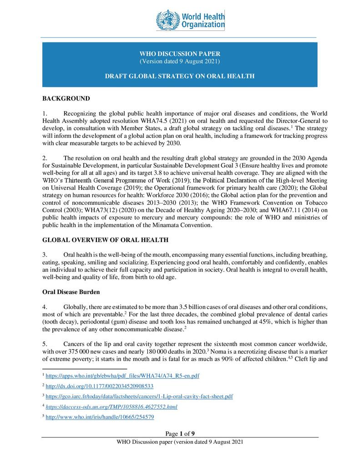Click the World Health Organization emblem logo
click(x=168, y=20)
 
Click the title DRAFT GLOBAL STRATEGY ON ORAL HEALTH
click(x=180, y=76)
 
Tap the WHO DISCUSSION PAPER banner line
click(x=180, y=54)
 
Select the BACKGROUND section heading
click(x=66, y=98)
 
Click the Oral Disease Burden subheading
click(x=70, y=292)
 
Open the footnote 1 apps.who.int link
click(x=122, y=376)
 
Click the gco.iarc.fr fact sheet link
click(x=139, y=396)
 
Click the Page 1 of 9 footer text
click(x=180, y=433)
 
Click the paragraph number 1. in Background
click(x=45, y=113)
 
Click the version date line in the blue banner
click(x=180, y=61)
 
